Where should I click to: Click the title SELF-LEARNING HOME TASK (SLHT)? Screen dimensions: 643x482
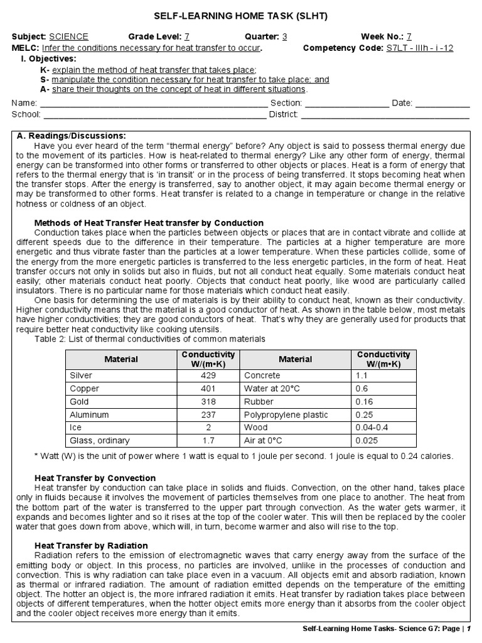pos(241,15)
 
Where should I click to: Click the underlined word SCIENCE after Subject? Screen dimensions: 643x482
pos(68,36)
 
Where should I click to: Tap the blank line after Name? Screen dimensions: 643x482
pos(154,103)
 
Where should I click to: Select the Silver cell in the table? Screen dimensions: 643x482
pos(81,375)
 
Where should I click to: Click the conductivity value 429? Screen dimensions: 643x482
pos(206,375)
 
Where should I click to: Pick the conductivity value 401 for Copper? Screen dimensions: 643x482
pos(206,388)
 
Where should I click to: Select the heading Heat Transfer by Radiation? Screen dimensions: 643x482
pos(90,546)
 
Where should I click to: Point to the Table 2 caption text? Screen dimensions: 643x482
pos(150,339)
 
